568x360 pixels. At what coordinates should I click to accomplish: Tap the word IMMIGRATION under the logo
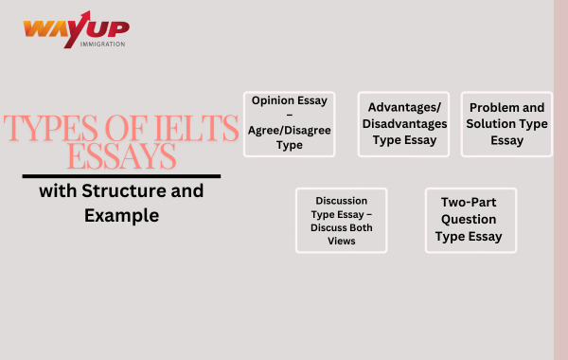click(102, 45)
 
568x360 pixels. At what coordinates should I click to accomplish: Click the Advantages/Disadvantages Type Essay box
click(402, 124)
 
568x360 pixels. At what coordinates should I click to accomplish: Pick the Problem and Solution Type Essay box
click(506, 124)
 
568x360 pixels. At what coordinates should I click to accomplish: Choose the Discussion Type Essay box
click(341, 220)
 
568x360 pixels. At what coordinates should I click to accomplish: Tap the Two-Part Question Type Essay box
click(470, 220)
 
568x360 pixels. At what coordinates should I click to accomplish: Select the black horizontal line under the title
click(121, 176)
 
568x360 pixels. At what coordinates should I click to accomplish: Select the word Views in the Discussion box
click(341, 241)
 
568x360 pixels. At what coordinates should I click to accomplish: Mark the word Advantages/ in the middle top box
click(402, 108)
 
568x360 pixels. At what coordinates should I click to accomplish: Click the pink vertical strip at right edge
click(560, 180)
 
